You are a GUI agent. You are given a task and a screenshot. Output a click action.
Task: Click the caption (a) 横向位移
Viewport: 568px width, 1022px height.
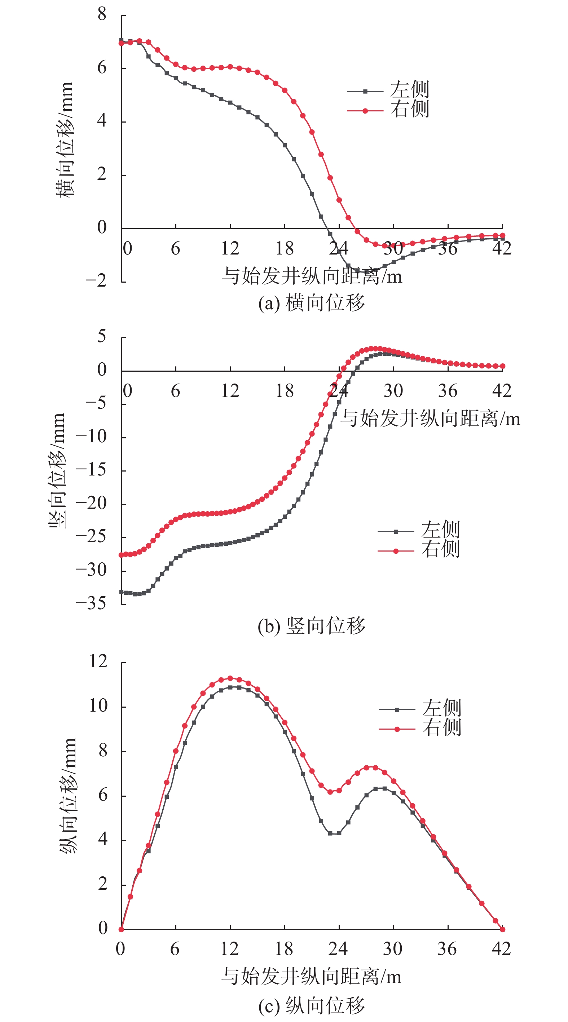click(311, 304)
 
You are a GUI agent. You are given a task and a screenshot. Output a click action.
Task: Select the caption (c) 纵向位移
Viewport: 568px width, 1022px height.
click(311, 1006)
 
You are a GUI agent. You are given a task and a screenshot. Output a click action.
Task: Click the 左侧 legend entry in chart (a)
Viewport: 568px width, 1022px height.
click(388, 90)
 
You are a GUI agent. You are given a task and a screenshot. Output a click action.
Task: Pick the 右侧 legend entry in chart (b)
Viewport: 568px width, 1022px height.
click(419, 550)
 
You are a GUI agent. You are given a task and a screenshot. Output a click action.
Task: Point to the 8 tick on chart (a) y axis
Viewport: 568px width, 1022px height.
click(102, 15)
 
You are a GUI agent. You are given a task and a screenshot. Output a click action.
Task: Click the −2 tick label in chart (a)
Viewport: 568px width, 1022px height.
click(96, 281)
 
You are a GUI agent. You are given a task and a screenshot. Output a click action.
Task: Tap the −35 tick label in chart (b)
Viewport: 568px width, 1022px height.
click(92, 603)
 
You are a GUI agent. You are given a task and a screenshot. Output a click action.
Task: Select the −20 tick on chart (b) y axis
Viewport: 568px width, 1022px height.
click(92, 504)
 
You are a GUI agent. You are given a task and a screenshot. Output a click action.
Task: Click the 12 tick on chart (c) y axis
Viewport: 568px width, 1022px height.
click(98, 662)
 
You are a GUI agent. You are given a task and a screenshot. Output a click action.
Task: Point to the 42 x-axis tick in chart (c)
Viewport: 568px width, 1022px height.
click(501, 948)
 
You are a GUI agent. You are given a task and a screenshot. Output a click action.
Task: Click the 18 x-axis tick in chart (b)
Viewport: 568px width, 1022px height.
click(285, 391)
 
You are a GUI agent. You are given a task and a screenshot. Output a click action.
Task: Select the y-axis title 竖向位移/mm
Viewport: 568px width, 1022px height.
click(56, 470)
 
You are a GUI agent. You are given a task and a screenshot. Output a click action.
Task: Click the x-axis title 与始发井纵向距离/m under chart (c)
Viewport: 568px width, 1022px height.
click(311, 976)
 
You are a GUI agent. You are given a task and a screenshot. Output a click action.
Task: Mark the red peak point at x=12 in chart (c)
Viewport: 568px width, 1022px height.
click(230, 678)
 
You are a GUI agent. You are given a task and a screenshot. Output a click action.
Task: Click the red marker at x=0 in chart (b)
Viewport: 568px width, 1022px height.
click(122, 555)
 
